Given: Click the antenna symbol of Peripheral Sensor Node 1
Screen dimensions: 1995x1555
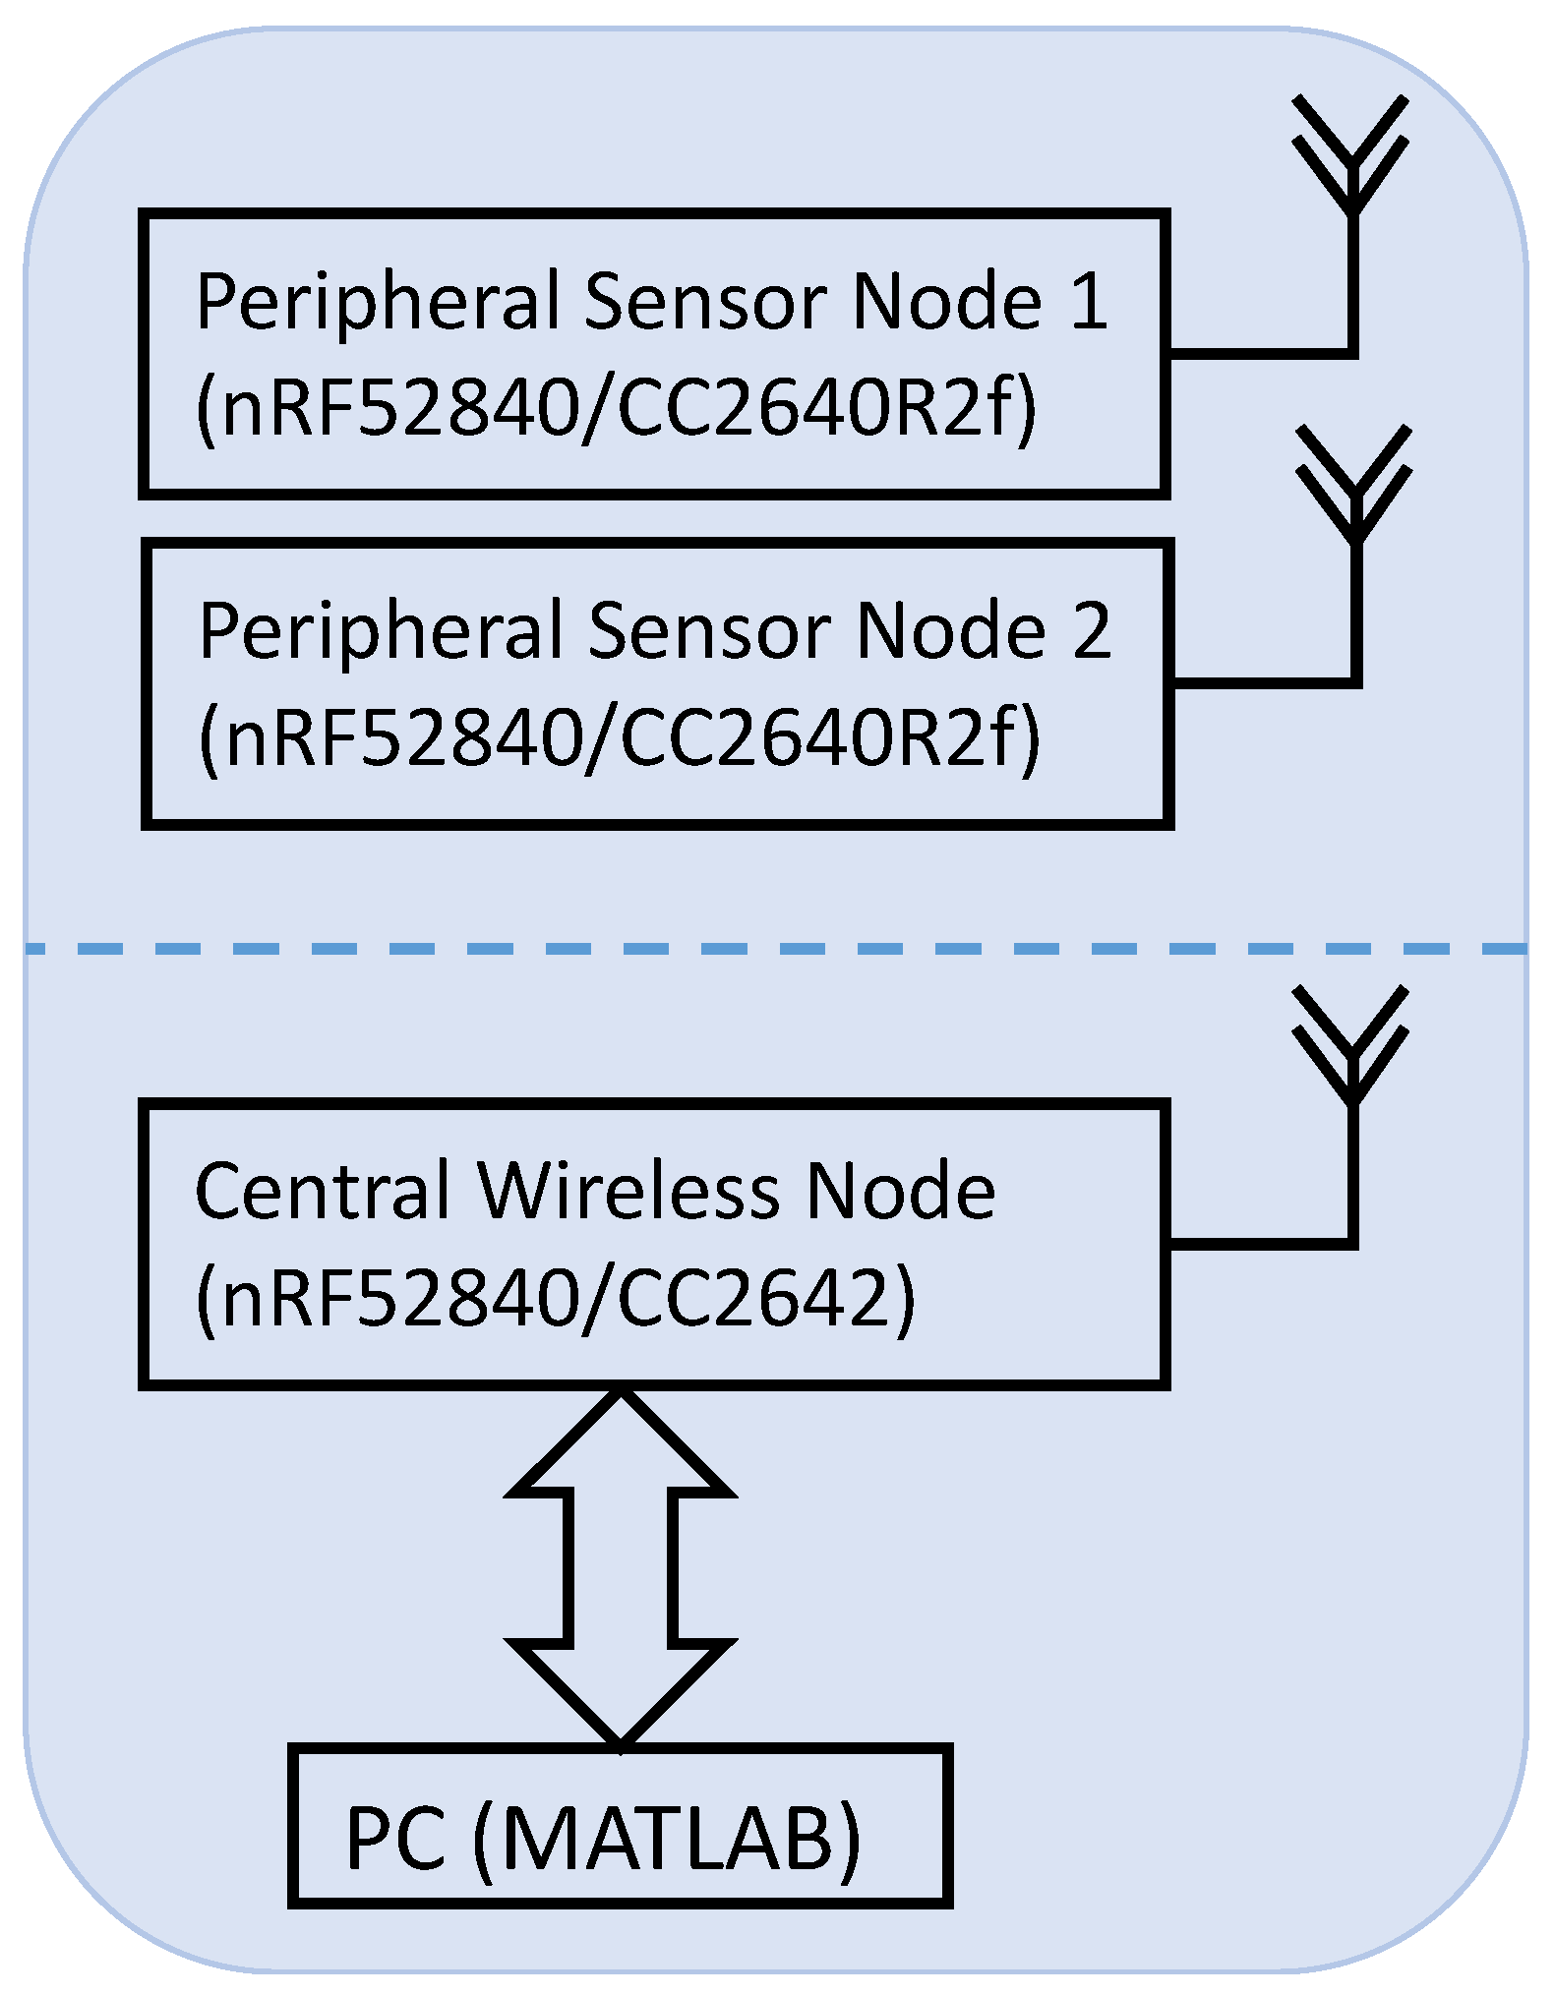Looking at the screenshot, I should pos(1352,157).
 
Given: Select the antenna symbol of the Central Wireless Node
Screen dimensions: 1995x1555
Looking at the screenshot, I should pos(1352,1047).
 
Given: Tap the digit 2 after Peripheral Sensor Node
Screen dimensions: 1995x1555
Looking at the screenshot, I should pos(1092,630).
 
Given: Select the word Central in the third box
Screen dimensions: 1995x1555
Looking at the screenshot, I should pos(323,1191).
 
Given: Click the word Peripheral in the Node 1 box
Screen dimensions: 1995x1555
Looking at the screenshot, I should pos(379,303).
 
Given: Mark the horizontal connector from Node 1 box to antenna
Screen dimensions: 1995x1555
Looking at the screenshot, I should pos(1259,353).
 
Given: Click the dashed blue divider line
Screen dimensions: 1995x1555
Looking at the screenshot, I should pos(777,949).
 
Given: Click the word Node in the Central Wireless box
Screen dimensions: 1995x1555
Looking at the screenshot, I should pos(900,1191).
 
